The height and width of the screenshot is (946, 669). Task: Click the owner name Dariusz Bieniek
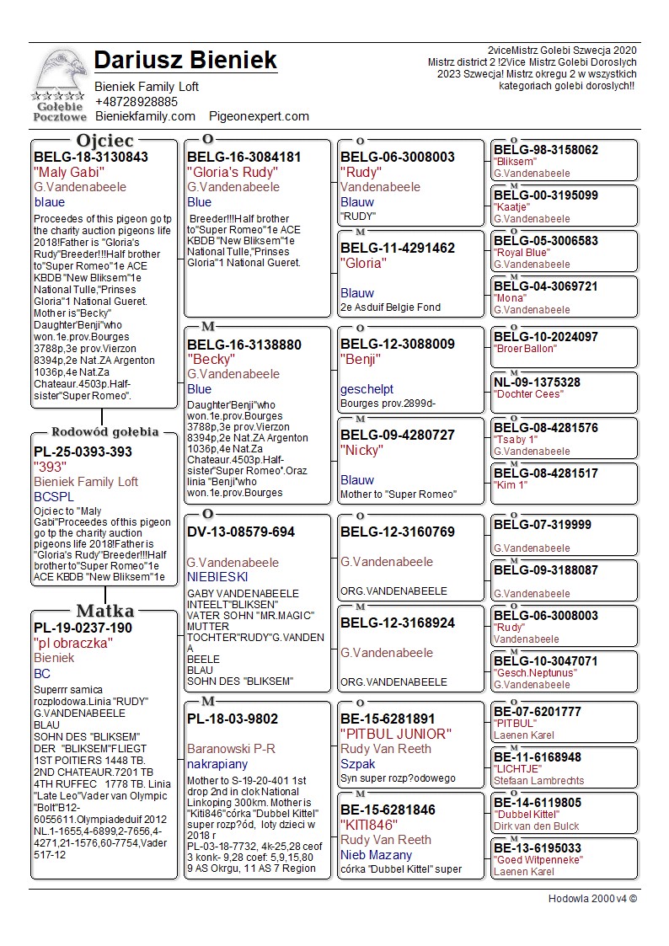[185, 61]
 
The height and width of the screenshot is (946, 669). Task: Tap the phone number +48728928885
[136, 101]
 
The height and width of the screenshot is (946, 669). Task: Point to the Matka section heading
[104, 611]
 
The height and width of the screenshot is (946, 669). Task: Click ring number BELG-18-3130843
[91, 157]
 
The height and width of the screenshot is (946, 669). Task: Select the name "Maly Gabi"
[67, 172]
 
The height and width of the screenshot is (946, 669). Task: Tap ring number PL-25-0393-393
[83, 452]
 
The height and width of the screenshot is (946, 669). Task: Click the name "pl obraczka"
[73, 643]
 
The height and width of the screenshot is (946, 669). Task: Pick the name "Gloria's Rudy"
[233, 172]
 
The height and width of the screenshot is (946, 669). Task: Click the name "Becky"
[211, 359]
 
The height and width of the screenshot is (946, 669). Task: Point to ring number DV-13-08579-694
[241, 532]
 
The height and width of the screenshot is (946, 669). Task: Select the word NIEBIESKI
[217, 577]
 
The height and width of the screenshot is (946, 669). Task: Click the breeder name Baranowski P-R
[231, 748]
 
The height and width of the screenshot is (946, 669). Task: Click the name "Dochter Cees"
[528, 394]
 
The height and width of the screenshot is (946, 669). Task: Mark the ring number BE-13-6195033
[538, 847]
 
